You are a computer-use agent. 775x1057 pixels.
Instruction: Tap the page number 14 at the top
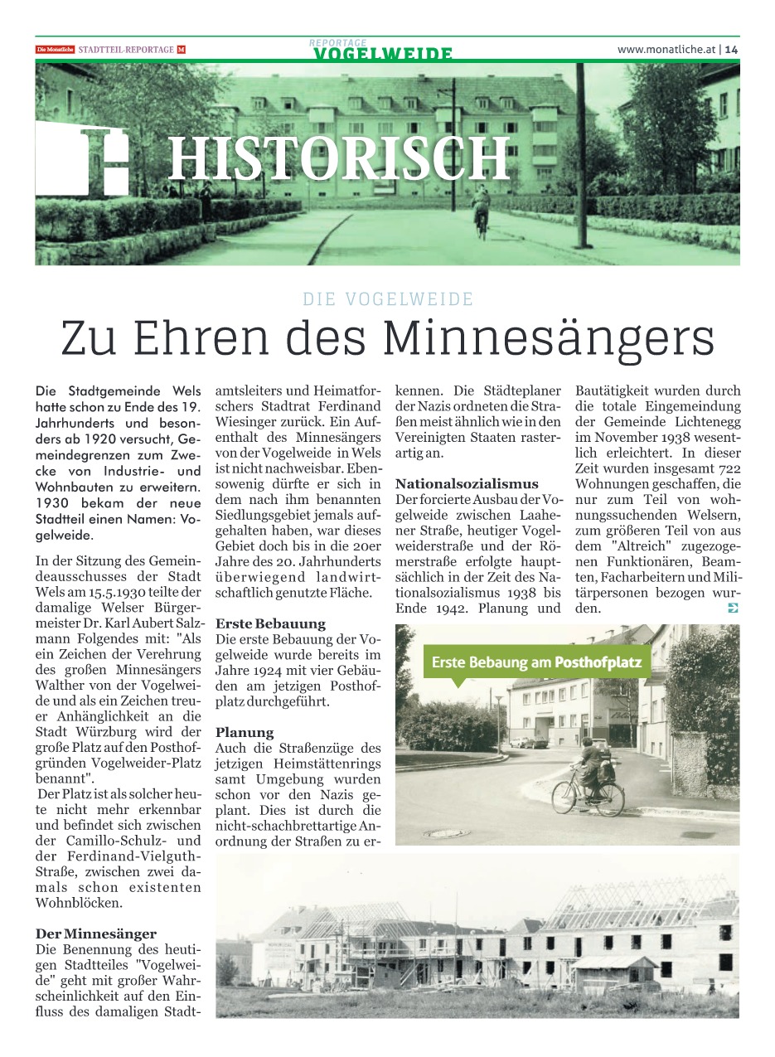(x=731, y=50)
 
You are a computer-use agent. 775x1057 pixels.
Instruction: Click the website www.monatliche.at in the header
(x=666, y=50)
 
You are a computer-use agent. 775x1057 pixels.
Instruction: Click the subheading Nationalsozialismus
(x=467, y=484)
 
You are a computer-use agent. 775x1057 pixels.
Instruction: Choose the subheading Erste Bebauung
(x=270, y=623)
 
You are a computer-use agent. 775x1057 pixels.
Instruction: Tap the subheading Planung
(x=245, y=733)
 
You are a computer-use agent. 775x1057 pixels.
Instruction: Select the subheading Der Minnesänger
(x=95, y=933)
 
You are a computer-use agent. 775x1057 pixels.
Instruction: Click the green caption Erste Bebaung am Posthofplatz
(x=536, y=662)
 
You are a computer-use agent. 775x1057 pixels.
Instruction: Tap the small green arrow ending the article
(x=732, y=609)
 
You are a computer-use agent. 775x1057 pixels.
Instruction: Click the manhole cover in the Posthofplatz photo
(x=447, y=833)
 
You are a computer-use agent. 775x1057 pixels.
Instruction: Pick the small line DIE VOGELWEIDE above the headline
(x=388, y=299)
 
